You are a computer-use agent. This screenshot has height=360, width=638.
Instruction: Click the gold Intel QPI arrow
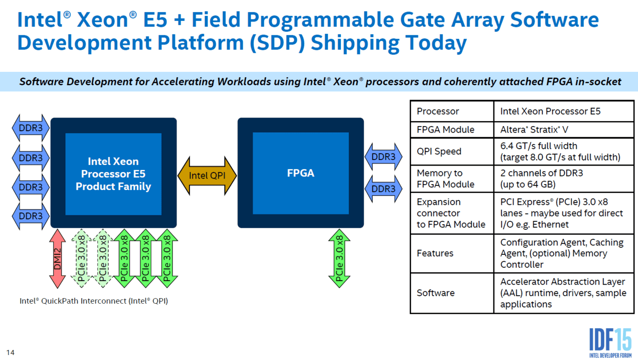click(207, 176)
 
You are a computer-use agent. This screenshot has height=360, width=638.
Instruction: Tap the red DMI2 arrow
click(57, 259)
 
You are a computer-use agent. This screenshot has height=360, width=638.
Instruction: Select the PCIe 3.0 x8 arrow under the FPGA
click(339, 259)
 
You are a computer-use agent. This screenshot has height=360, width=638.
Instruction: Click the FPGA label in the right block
click(301, 173)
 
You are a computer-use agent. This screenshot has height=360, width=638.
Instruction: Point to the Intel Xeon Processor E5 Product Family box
click(113, 174)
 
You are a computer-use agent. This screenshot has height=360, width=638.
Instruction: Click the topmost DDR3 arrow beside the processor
click(30, 128)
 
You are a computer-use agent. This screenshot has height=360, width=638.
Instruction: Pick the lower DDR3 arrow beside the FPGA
click(383, 188)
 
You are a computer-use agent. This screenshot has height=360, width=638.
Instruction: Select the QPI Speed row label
click(439, 151)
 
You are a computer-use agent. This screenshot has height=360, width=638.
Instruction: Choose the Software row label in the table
click(436, 293)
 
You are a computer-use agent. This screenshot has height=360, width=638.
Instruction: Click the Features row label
click(435, 253)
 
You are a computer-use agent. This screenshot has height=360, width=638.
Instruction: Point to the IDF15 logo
click(611, 343)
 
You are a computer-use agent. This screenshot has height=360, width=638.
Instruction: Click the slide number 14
click(10, 353)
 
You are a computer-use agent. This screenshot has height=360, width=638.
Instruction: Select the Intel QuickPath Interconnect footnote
click(94, 301)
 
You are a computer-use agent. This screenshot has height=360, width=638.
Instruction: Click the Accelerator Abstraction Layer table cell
click(563, 293)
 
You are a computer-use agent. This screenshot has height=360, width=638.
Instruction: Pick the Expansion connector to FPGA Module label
click(451, 213)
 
